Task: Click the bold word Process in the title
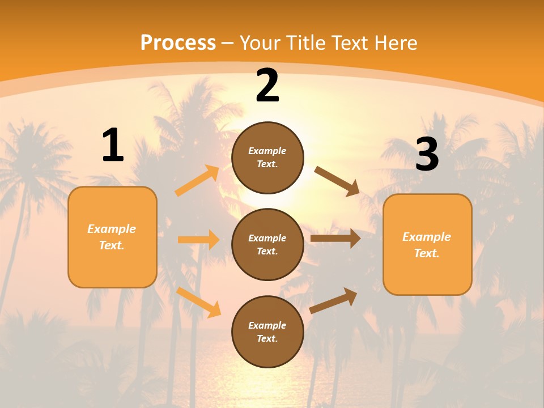point(178,43)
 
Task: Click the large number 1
point(113,146)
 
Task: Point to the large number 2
point(267,86)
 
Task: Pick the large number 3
point(427,154)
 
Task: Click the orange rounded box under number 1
point(112,237)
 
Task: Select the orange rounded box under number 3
point(427,245)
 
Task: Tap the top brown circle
point(267,158)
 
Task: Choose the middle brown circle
point(267,244)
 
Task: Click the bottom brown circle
point(267,331)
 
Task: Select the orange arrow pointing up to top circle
point(197,181)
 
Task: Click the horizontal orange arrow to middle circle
point(198,240)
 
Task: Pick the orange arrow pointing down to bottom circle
point(199,302)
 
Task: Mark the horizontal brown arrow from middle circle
point(335,239)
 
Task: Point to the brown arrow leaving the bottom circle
point(334,300)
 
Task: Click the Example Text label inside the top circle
point(267,158)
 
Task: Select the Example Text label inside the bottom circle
point(267,332)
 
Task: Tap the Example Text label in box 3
point(427,245)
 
